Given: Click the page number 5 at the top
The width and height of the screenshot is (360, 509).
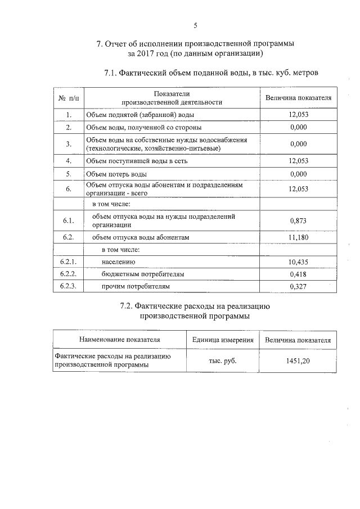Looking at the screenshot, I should (195, 25).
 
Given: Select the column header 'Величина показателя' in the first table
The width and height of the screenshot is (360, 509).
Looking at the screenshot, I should (298, 98).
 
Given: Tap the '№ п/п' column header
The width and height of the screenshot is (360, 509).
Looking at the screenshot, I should (69, 98).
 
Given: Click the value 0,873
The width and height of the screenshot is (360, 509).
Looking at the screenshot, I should (298, 221).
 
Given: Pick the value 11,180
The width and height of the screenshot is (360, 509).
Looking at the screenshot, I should (298, 238).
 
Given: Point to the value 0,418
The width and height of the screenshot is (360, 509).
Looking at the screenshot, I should (298, 274).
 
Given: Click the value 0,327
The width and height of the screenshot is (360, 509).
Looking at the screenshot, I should (298, 286).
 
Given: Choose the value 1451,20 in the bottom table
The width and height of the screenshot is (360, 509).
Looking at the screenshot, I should (298, 361).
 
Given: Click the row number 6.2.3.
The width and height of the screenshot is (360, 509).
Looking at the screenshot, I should (69, 286).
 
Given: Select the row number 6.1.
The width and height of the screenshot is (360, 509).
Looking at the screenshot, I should (69, 221).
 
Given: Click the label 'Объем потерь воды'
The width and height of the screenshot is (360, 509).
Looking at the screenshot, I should (116, 173).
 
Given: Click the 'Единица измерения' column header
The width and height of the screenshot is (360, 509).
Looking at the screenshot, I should (223, 340).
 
